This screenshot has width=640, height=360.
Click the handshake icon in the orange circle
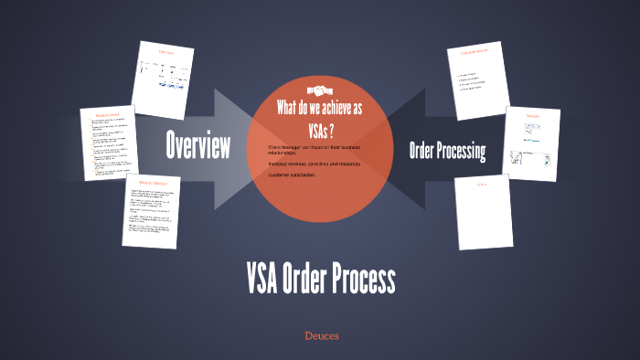click(319, 90)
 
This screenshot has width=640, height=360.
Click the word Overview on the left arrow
click(197, 144)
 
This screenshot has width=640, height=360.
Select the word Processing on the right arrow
click(464, 150)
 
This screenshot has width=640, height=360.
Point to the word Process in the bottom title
click(363, 278)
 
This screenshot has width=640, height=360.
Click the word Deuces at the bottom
click(322, 336)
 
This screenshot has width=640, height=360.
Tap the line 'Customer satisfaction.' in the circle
click(292, 175)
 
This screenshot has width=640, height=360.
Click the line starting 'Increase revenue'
click(314, 164)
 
